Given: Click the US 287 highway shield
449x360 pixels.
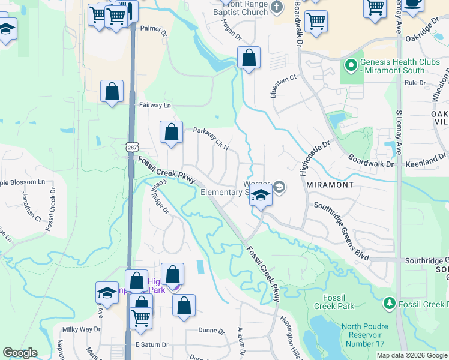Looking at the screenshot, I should (132, 146).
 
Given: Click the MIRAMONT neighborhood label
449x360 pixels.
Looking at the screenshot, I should (329, 185).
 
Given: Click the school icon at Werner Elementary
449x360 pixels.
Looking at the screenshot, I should (261, 196).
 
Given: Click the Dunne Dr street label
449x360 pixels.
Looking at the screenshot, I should (211, 331).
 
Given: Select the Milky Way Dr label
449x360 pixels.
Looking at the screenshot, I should (81, 329).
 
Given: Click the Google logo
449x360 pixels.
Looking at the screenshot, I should (20, 353).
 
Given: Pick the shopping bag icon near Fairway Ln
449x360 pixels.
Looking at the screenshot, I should (112, 92).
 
